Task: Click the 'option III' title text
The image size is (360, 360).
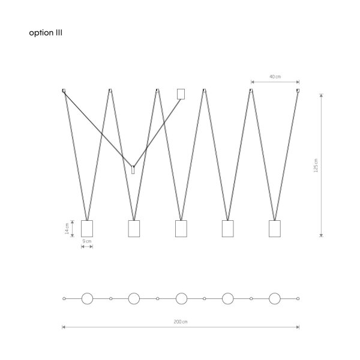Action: click(x=46, y=33)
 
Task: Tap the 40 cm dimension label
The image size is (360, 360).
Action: click(x=275, y=77)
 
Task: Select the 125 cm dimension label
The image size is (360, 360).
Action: click(x=316, y=166)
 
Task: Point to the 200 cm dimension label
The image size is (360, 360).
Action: click(x=181, y=322)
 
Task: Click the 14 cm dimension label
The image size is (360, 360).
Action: click(x=67, y=229)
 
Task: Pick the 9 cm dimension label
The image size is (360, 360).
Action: click(x=87, y=241)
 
